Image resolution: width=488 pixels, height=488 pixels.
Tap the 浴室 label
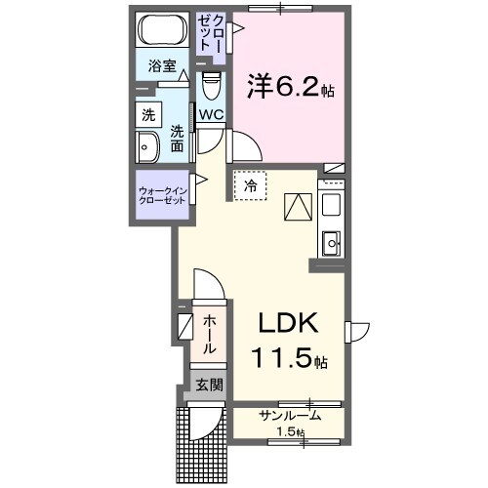click(162, 67)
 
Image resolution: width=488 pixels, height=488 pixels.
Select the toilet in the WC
click(210, 88)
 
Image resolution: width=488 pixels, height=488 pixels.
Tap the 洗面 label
click(177, 139)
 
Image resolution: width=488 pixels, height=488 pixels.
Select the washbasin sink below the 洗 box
click(147, 149)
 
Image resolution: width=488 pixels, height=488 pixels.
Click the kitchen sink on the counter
click(330, 240)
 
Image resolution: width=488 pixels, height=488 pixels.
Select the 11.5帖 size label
click(290, 359)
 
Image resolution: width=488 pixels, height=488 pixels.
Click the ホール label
click(210, 334)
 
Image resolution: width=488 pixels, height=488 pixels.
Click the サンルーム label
click(290, 416)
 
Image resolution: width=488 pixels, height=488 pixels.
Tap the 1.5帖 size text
click(290, 432)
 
